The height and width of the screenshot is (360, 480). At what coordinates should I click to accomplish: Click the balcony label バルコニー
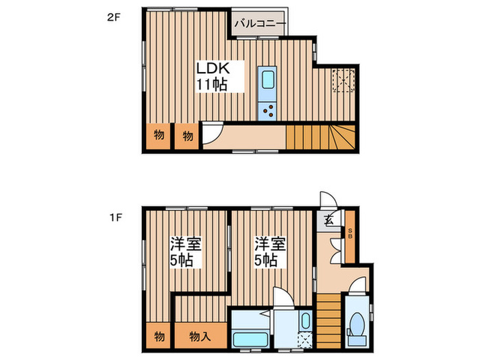[x=259, y=23]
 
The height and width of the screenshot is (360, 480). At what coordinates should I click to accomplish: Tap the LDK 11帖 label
[x=212, y=77]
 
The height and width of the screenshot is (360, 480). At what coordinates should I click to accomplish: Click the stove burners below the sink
[x=267, y=110]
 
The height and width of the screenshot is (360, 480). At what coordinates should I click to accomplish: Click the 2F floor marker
[x=113, y=19]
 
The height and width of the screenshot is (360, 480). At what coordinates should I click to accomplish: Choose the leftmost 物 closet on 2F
[x=158, y=136]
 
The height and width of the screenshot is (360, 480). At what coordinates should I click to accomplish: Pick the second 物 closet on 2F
[x=187, y=136]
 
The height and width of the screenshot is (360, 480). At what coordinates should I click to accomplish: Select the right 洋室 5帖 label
[x=267, y=252]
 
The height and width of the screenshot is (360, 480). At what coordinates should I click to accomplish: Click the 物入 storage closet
[x=200, y=337]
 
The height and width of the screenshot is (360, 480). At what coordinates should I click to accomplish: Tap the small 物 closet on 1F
[x=159, y=337]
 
